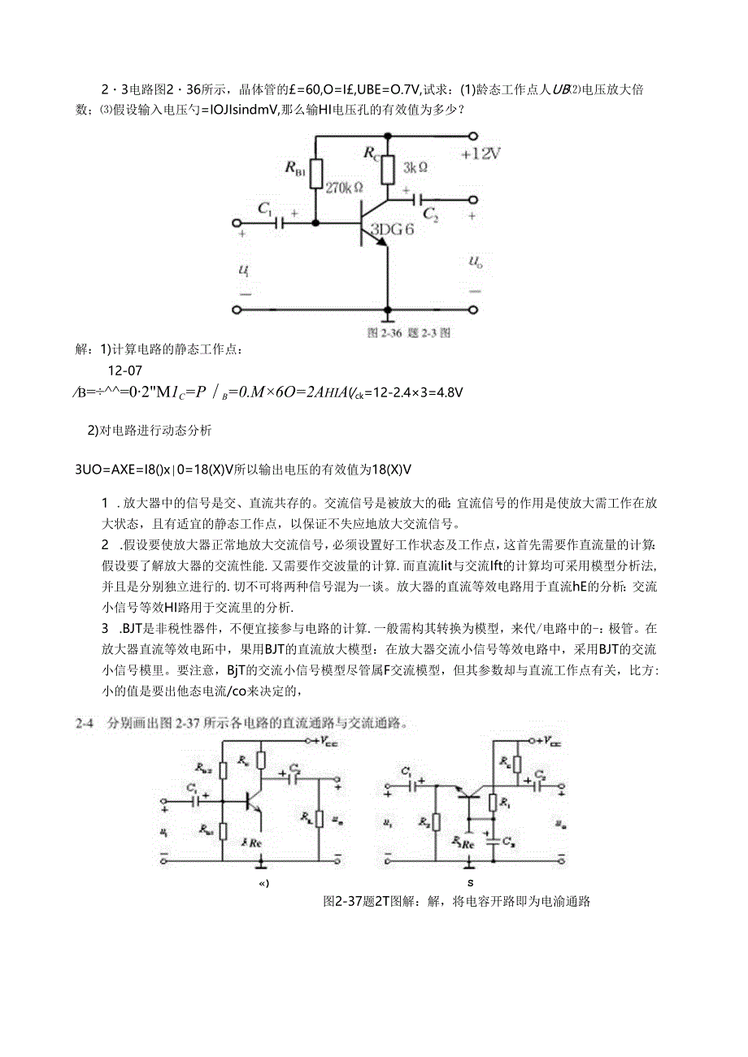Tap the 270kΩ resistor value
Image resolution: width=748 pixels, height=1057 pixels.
(345, 186)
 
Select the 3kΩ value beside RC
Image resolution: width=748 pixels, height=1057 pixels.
(415, 167)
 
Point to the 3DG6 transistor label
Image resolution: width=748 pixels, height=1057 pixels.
(392, 229)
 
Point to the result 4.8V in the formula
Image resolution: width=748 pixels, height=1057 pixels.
(446, 392)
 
